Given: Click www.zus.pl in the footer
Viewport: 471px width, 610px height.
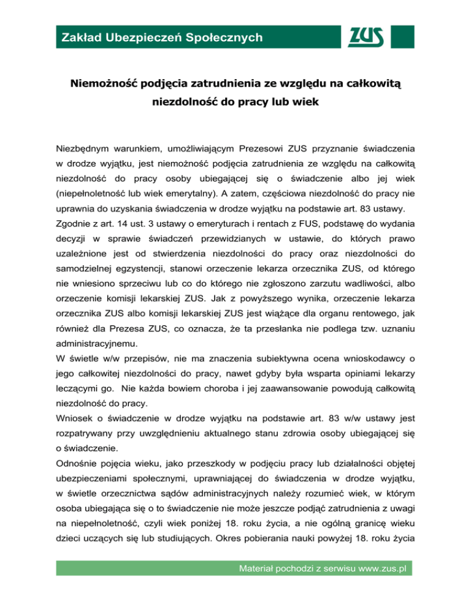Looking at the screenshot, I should [372, 586].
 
